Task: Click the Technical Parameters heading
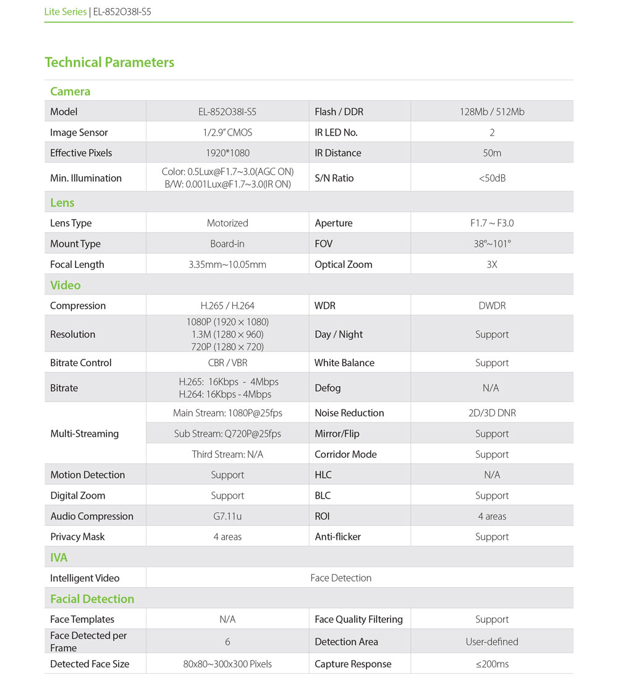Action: point(109,62)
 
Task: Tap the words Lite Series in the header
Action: point(66,12)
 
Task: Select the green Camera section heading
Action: point(70,92)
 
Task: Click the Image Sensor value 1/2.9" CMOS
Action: point(227,132)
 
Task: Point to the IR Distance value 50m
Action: point(492,153)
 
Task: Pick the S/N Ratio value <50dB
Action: point(492,178)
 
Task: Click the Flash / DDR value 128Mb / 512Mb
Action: point(492,112)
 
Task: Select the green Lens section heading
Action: point(62,203)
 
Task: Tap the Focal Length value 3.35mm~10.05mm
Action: point(227,265)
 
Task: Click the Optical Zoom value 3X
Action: point(492,265)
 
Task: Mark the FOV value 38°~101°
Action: point(492,244)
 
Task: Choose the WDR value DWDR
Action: point(492,306)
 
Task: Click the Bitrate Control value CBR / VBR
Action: point(227,363)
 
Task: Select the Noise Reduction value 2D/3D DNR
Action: point(492,413)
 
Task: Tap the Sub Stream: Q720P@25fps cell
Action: point(227,434)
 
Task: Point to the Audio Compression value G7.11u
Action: point(227,517)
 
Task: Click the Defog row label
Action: point(328,388)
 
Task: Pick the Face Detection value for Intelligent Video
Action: point(341,578)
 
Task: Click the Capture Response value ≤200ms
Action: point(492,664)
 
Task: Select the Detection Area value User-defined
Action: point(492,642)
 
